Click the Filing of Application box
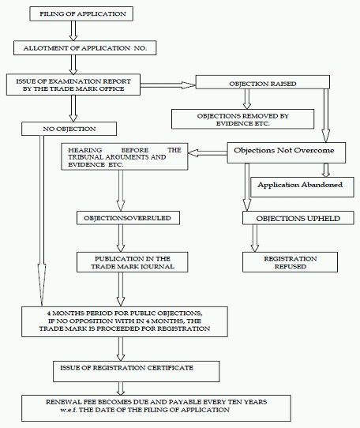(x=81, y=14)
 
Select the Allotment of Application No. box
(x=85, y=48)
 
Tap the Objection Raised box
(x=263, y=82)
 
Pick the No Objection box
(x=69, y=129)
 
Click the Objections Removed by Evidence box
(x=242, y=119)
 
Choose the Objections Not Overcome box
(x=287, y=153)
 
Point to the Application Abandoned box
(x=302, y=187)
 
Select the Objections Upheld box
(x=298, y=218)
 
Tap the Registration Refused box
(x=290, y=262)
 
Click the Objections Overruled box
(x=128, y=218)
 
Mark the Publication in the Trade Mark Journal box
(x=133, y=262)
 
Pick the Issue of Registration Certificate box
(x=137, y=371)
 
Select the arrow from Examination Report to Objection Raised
(x=168, y=85)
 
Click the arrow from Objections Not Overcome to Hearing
(x=208, y=153)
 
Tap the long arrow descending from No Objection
(x=42, y=221)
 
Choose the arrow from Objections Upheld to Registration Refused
(x=255, y=238)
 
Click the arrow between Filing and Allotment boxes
(x=73, y=31)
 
